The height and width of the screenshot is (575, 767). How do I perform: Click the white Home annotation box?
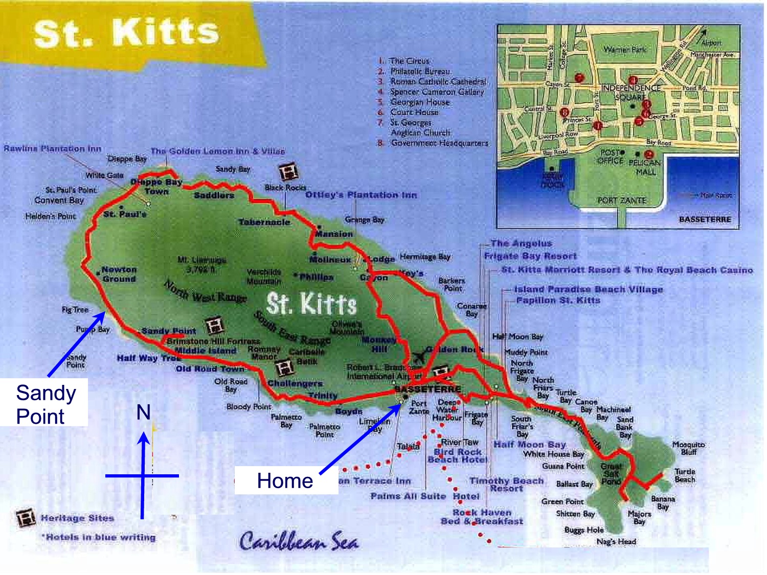[x=285, y=480]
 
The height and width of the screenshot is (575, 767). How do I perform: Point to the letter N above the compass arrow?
[x=144, y=412]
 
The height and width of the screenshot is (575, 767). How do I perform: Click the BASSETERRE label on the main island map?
[x=428, y=389]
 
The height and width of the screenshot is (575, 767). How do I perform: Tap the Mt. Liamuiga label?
[x=201, y=264]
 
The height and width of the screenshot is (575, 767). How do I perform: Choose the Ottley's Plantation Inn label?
[x=361, y=195]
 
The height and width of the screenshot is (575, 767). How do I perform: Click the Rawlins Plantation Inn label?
[x=53, y=149]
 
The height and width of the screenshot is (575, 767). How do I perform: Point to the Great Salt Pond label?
[x=611, y=474]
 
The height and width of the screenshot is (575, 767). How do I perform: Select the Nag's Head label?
[x=616, y=541]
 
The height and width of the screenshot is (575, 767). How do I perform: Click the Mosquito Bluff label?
[x=688, y=448]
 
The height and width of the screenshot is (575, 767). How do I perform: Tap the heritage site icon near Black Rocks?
[x=288, y=172]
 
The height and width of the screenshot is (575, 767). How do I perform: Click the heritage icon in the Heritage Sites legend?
[x=26, y=518]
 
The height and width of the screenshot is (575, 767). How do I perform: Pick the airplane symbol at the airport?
[x=419, y=356]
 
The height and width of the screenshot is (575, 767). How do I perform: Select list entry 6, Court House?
[x=414, y=112]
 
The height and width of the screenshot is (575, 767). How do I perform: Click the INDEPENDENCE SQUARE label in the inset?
[x=630, y=93]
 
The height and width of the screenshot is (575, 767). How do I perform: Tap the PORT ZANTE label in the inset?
[x=622, y=200]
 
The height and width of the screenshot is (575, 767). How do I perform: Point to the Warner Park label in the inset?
[x=624, y=50]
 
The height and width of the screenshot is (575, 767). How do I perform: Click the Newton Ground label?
[x=119, y=274]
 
